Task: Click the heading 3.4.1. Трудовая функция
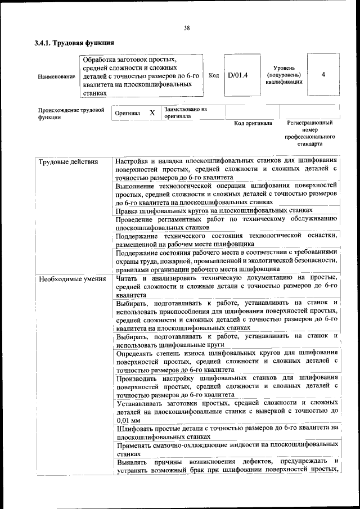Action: [74, 43]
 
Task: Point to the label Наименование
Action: [56, 76]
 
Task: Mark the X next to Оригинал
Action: [152, 112]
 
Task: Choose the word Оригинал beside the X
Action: [127, 113]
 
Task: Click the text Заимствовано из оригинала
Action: [186, 112]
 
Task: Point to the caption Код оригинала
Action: [253, 123]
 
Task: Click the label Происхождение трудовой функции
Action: [71, 113]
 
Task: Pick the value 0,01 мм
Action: [129, 420]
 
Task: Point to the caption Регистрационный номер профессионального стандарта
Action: [310, 133]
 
